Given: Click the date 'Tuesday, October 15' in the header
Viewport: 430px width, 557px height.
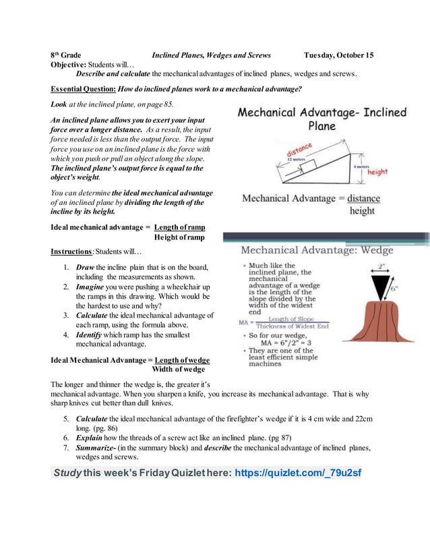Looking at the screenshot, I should click(338, 55).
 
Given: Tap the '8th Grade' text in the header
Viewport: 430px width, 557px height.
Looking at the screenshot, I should click(66, 55).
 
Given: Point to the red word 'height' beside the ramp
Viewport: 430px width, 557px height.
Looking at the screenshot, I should click(377, 172).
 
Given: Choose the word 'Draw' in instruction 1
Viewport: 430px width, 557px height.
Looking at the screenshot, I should click(85, 267).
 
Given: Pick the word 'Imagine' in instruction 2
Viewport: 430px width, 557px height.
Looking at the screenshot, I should click(90, 287).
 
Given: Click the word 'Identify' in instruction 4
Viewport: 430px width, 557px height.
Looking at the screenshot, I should click(90, 334).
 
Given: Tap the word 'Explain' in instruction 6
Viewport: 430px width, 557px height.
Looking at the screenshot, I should click(89, 438).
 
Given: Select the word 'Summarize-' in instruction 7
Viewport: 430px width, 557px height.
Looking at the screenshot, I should click(96, 447).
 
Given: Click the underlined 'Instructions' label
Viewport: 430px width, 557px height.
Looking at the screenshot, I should click(71, 252).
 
